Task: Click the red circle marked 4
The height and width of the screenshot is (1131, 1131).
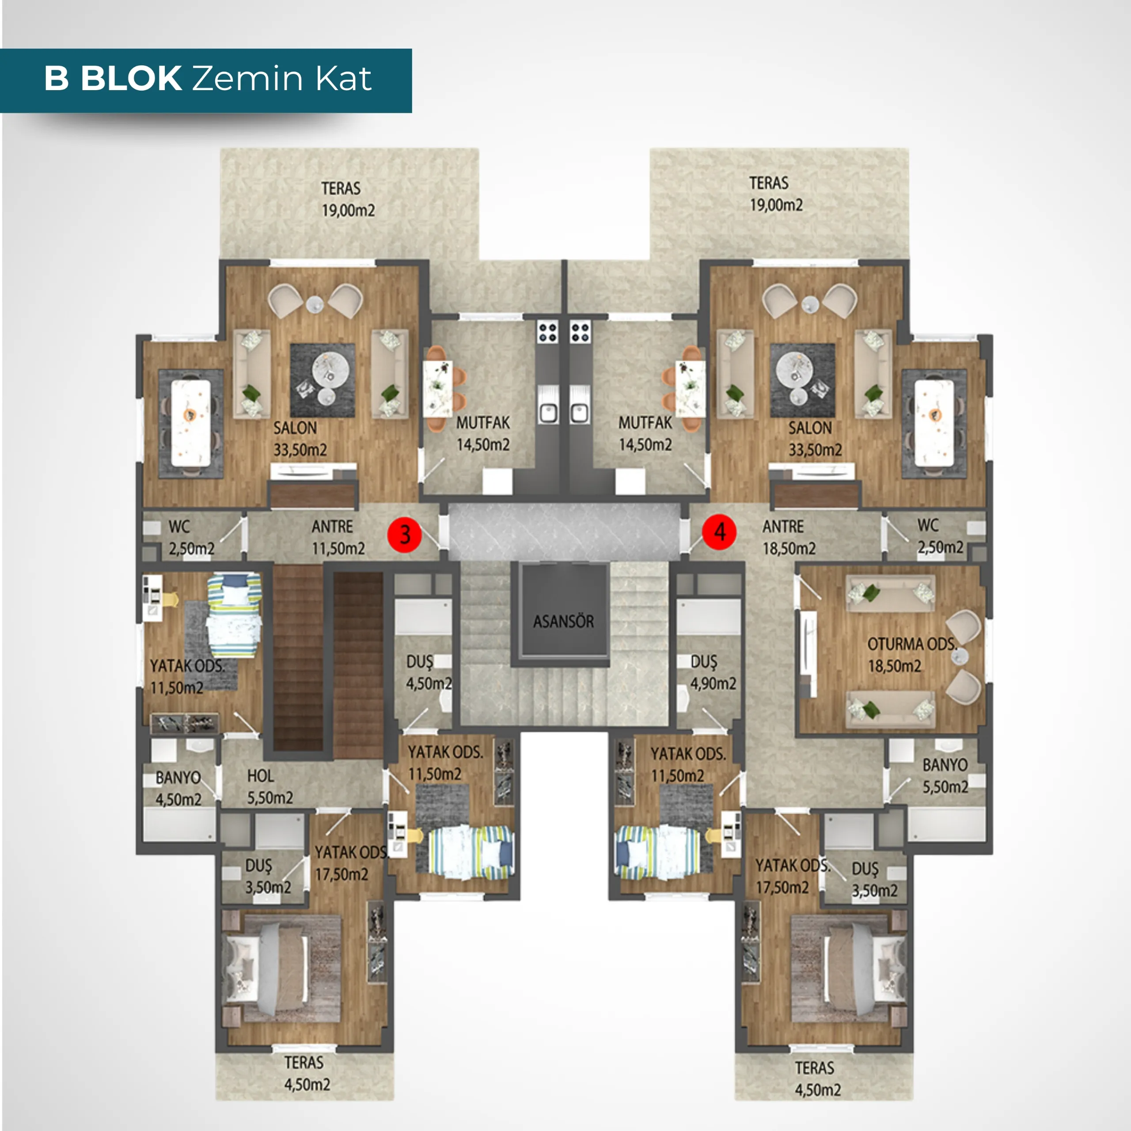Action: tap(719, 532)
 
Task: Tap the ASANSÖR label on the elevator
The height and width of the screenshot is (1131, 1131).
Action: tap(563, 621)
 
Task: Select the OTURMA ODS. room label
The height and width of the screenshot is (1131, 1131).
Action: tap(912, 644)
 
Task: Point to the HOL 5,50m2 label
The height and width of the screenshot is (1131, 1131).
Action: tap(270, 786)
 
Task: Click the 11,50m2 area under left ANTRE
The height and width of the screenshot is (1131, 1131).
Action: tap(338, 549)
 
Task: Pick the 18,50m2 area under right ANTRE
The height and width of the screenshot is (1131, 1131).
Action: tap(789, 549)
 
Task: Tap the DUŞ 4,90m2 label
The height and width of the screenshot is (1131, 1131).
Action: tap(713, 672)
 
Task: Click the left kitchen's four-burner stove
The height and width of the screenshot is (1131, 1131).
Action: tap(548, 332)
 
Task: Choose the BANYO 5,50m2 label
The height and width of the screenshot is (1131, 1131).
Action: tap(945, 776)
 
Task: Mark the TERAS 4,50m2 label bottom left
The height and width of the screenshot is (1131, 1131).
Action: tap(307, 1073)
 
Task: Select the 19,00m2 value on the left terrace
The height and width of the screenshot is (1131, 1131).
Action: tap(348, 210)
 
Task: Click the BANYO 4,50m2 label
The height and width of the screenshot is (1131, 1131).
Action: tap(178, 788)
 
